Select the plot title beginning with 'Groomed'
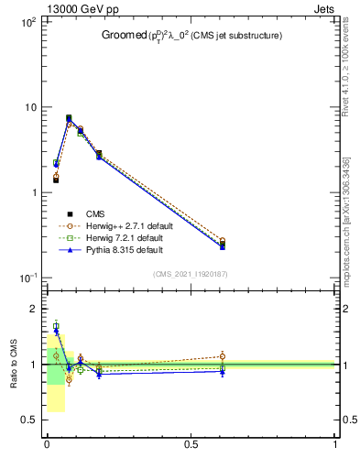[191, 36]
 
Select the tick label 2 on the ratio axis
[33, 309]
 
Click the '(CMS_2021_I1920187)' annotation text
[191, 274]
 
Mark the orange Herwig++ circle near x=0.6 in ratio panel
[223, 356]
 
